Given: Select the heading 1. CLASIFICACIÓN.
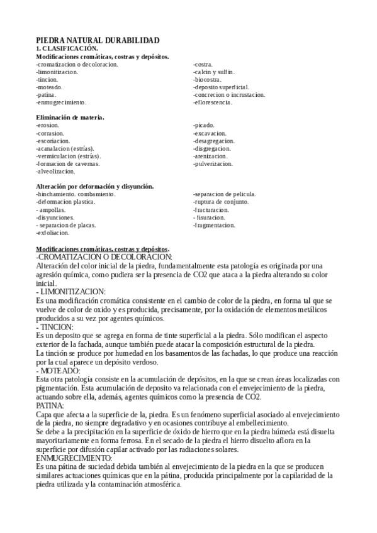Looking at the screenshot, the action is [67, 48].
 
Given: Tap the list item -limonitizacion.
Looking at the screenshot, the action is [57, 72].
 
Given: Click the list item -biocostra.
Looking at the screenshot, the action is [208, 79].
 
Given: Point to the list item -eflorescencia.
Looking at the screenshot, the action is [213, 102].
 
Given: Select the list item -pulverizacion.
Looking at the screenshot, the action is [213, 163].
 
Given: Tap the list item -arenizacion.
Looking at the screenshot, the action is [211, 156].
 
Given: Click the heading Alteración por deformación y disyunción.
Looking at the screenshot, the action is [95, 187].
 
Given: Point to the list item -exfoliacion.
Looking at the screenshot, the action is [53, 233].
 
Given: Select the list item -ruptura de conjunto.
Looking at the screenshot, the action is [221, 202].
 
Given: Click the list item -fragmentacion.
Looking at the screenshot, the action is [215, 225].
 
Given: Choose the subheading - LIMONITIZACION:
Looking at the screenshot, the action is [71, 292].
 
